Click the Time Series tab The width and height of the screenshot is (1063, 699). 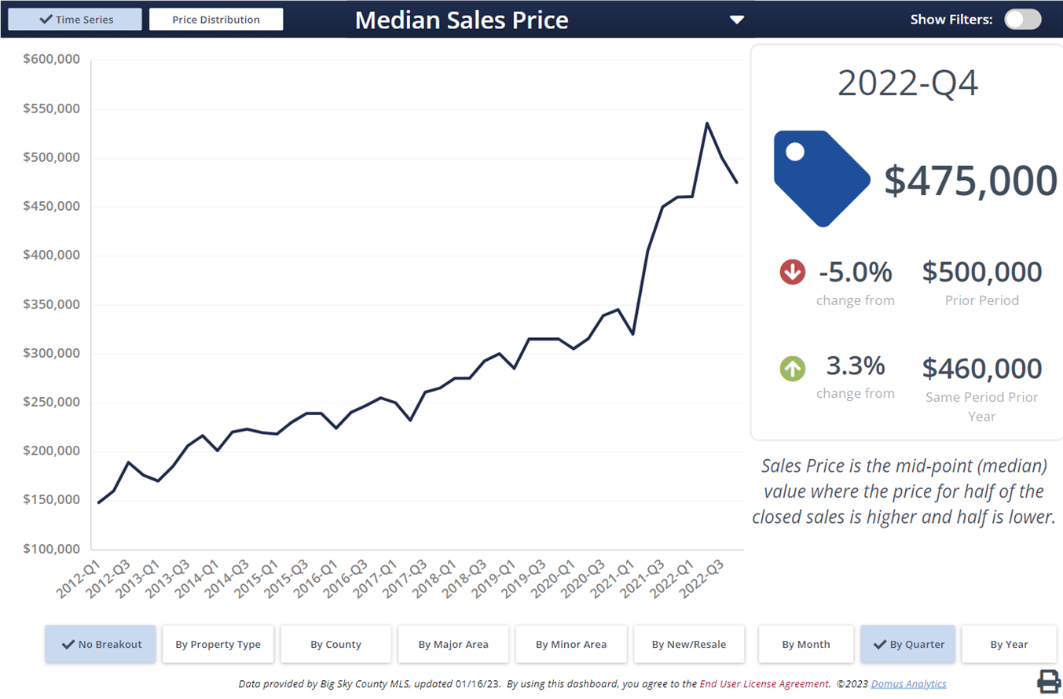[x=75, y=20]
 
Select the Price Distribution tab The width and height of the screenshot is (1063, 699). [x=216, y=20]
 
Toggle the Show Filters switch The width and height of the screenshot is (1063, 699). [x=1022, y=20]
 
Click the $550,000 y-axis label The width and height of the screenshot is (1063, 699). [x=53, y=109]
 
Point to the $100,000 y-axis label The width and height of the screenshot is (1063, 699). [x=53, y=549]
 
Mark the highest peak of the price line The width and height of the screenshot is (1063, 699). [x=707, y=123]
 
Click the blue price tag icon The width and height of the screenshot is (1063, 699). [x=819, y=178]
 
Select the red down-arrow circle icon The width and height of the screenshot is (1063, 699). [x=792, y=273]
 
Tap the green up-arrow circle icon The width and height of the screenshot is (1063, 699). [x=792, y=368]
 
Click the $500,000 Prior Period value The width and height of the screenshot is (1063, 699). [x=981, y=273]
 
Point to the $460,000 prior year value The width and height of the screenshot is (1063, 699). [x=981, y=368]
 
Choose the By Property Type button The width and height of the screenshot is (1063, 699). [x=218, y=644]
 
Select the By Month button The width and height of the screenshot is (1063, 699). [x=805, y=644]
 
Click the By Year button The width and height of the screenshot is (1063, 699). [x=1009, y=644]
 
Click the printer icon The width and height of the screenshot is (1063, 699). [x=1049, y=681]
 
